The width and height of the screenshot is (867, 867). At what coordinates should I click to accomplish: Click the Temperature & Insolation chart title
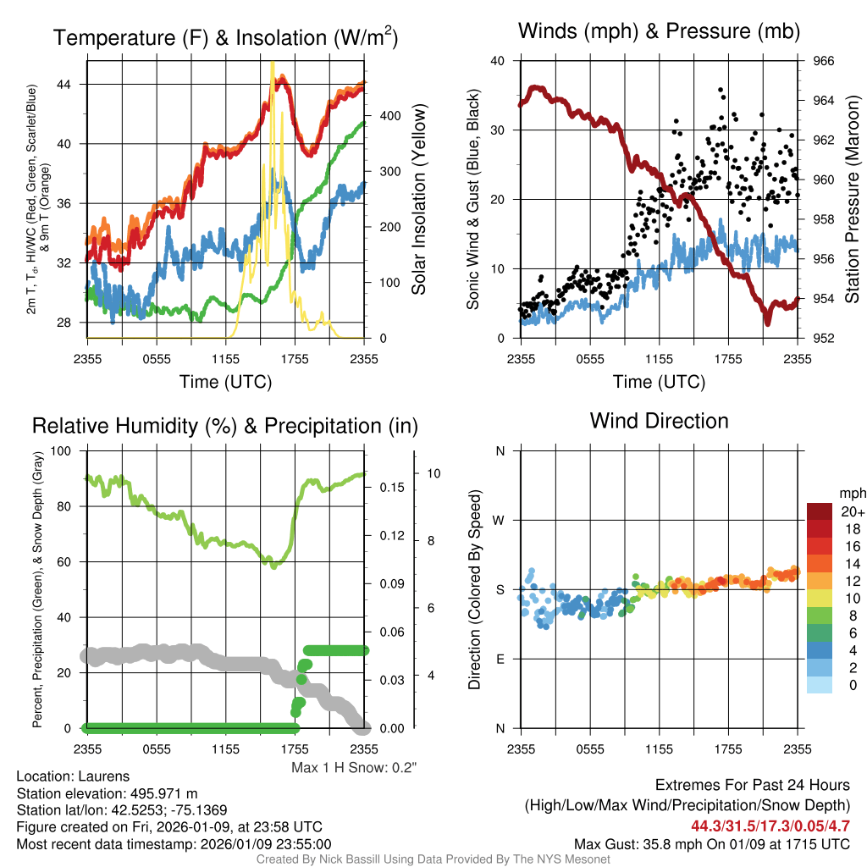(x=226, y=37)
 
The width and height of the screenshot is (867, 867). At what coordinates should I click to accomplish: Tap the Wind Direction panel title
(x=659, y=421)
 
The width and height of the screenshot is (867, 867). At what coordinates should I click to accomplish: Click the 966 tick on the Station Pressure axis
(x=824, y=61)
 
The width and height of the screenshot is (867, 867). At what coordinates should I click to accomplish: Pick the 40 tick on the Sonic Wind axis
(x=497, y=61)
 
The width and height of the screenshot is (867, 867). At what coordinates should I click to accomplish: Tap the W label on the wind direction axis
(x=500, y=520)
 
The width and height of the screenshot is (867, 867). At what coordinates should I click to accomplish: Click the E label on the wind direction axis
(x=500, y=659)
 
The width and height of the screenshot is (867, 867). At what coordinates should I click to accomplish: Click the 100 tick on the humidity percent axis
(x=64, y=451)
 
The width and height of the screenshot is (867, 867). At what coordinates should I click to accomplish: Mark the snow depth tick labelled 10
(x=433, y=473)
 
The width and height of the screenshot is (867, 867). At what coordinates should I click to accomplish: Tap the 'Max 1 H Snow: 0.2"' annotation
(x=354, y=768)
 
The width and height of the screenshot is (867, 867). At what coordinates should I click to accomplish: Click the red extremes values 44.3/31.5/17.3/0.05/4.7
(x=770, y=826)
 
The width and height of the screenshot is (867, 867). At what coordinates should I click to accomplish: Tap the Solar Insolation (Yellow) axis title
(x=418, y=199)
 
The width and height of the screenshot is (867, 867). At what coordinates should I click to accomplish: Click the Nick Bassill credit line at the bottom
(x=433, y=859)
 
